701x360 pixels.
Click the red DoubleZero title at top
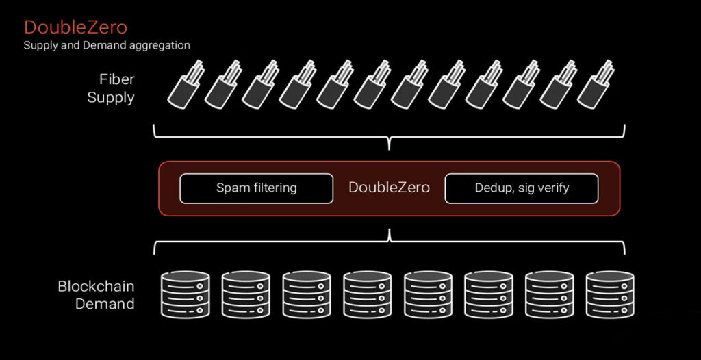75,28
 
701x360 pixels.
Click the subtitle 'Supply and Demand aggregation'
107,45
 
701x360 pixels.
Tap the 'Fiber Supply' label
111,88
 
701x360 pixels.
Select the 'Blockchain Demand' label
96,295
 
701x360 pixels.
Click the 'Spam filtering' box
257,188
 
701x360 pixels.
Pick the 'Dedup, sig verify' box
522,188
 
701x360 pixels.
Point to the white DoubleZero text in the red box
389,188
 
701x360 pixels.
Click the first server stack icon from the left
185,295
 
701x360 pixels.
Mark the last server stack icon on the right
609,295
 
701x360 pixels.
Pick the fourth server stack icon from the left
367,295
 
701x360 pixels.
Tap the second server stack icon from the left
246,295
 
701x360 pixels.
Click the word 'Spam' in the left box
231,188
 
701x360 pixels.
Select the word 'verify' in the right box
552,188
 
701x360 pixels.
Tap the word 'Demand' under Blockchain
105,304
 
